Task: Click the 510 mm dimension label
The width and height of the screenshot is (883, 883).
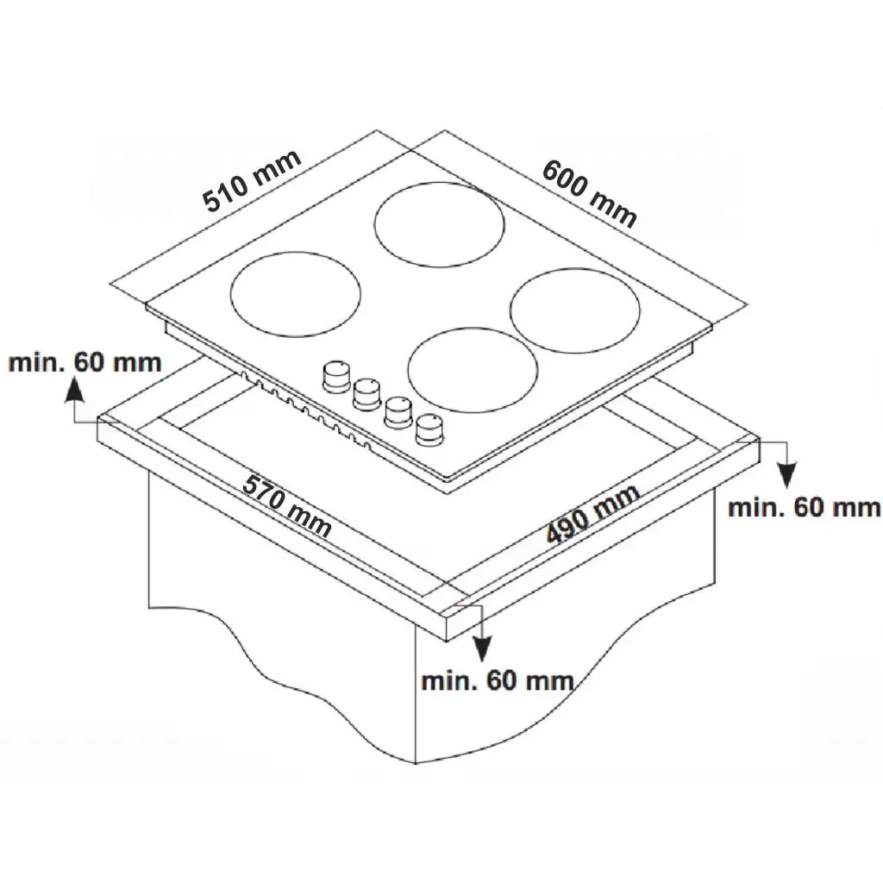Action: click(252, 181)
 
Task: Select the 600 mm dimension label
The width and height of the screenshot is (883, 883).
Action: click(589, 193)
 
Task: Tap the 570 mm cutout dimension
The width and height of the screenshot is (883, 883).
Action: click(286, 505)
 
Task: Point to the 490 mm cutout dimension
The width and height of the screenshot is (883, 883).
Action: click(593, 513)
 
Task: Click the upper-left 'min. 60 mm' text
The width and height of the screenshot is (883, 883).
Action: click(85, 362)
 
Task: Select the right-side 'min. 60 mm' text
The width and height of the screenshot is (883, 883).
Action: click(805, 507)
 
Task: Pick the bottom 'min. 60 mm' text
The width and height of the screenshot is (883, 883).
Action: click(498, 681)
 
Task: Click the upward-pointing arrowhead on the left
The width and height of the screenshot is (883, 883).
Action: click(74, 389)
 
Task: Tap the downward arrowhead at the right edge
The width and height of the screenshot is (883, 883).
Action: click(786, 473)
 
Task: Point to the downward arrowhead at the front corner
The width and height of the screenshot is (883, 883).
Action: click(481, 648)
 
